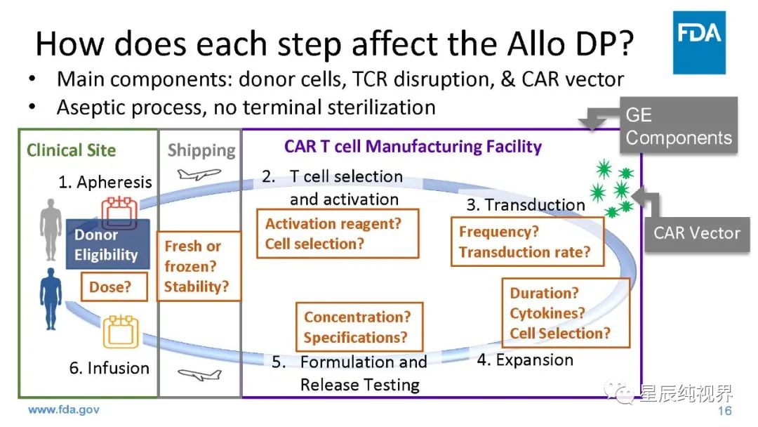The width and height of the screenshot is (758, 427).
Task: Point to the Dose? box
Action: pos(110,287)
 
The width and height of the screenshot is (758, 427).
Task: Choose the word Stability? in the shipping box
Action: pos(196,287)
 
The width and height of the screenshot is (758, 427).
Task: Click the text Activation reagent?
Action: pos(333,224)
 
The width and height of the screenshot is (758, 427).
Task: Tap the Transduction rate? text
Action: pos(525,252)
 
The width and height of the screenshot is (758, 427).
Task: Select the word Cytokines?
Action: pos(547,313)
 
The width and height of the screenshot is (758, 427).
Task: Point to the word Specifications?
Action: pos(355,337)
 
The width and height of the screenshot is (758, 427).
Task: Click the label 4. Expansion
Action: pos(525,360)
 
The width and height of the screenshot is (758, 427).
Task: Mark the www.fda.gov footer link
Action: pos(63,409)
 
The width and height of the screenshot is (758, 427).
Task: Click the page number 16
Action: pos(725,411)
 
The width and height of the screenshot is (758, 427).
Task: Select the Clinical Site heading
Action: pos(71,150)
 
